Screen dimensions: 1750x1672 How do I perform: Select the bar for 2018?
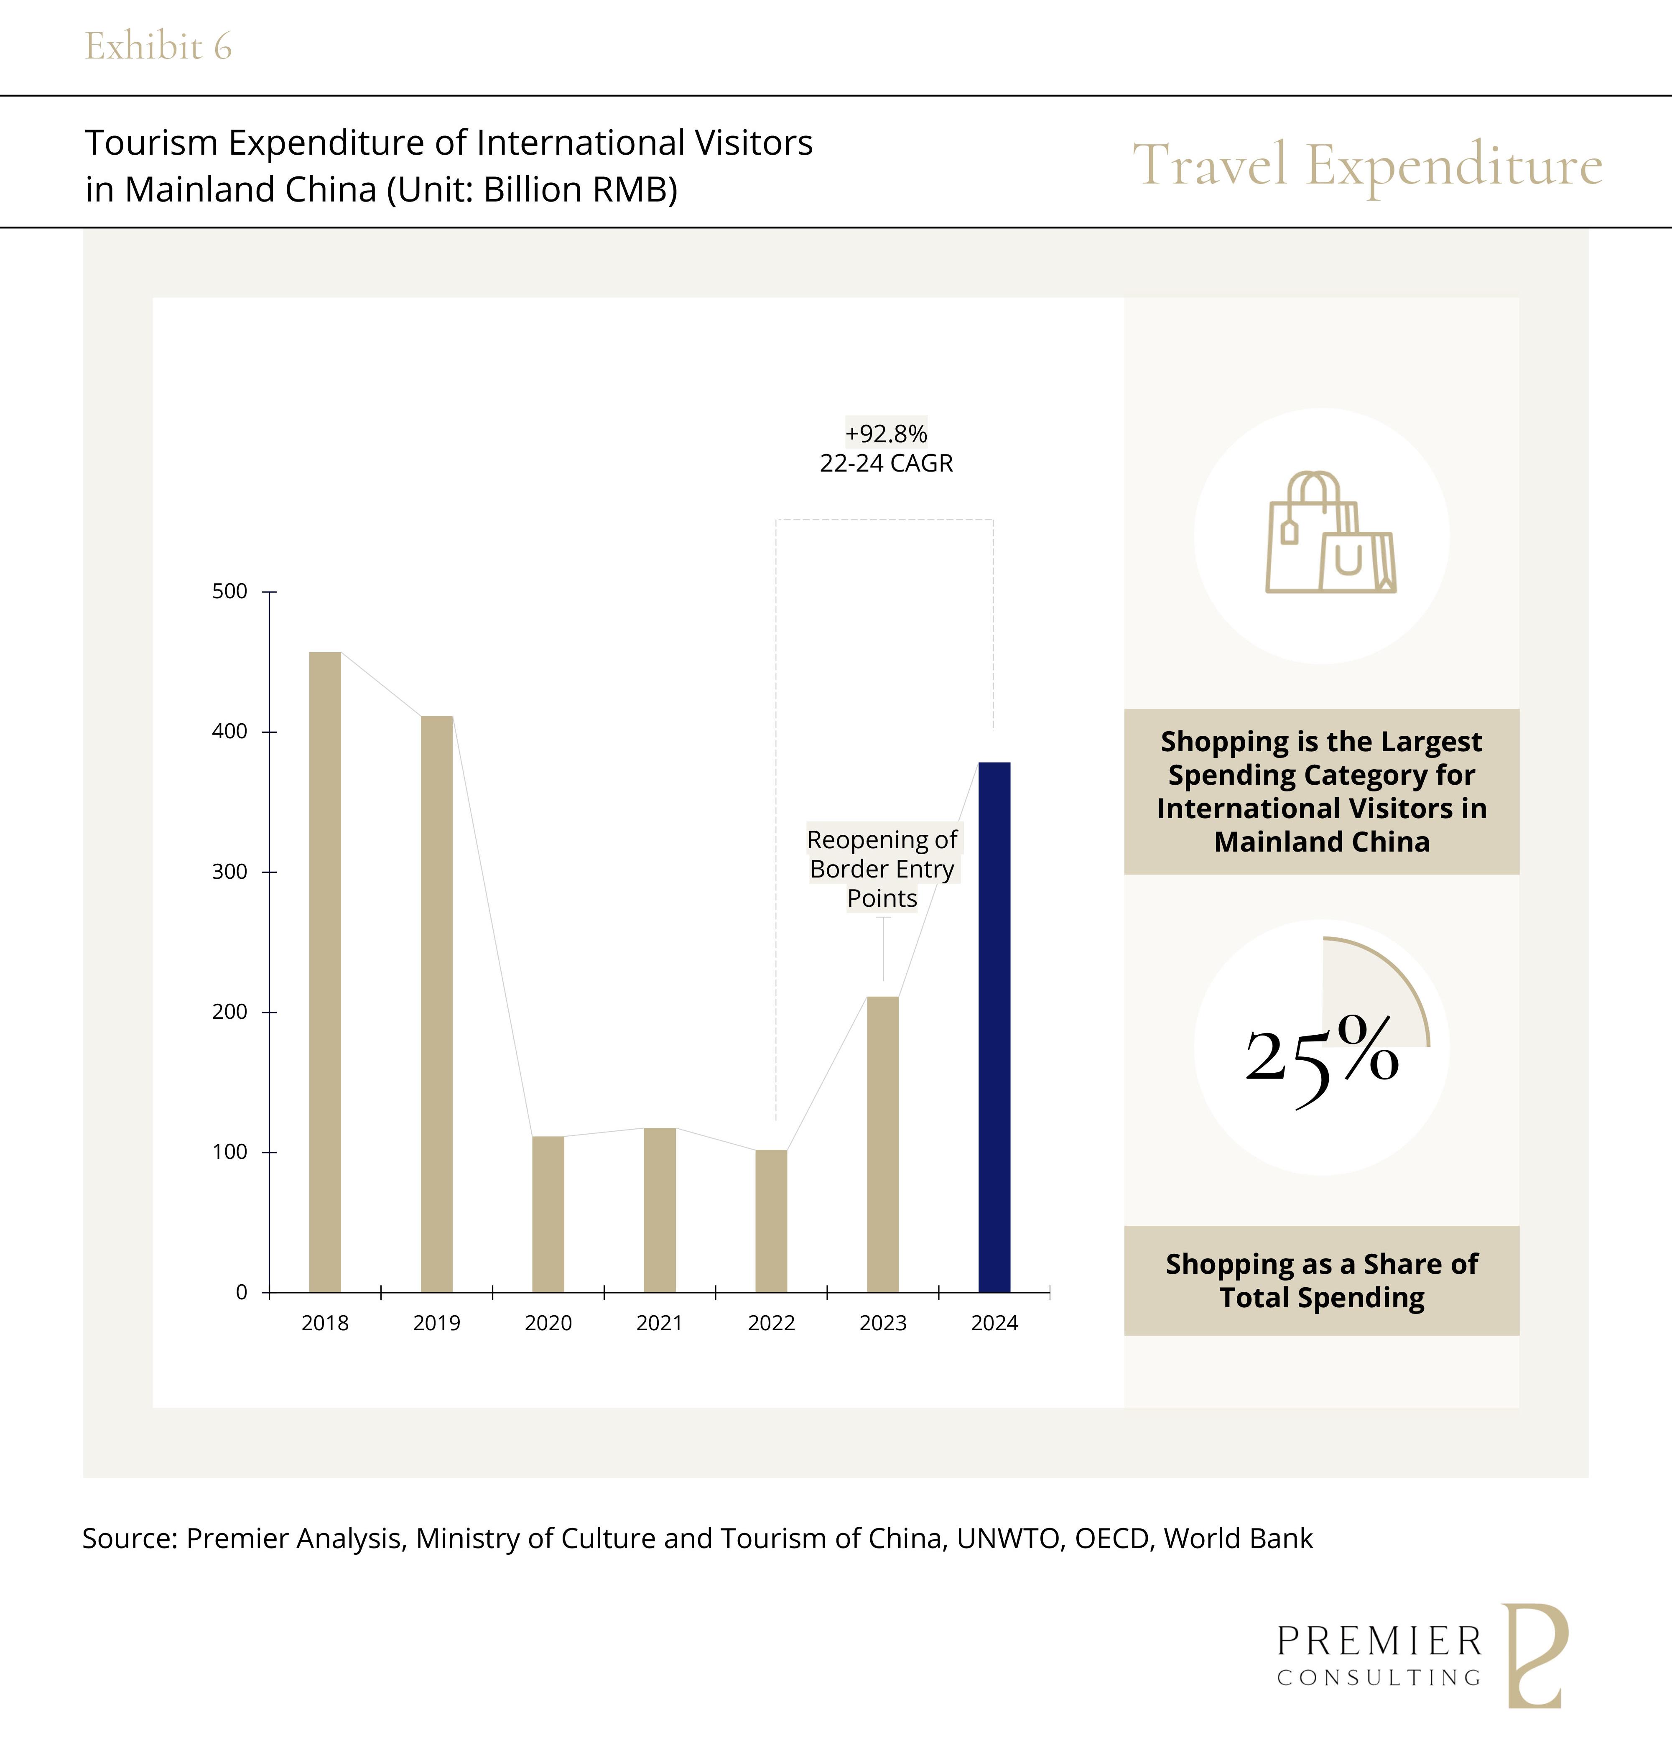(x=324, y=972)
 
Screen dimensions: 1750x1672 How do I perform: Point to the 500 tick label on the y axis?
(x=230, y=591)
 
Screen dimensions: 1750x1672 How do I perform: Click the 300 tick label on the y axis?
(x=230, y=872)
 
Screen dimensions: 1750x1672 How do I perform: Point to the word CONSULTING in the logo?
(x=1379, y=1678)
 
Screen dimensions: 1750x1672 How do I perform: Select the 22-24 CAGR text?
(x=886, y=464)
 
